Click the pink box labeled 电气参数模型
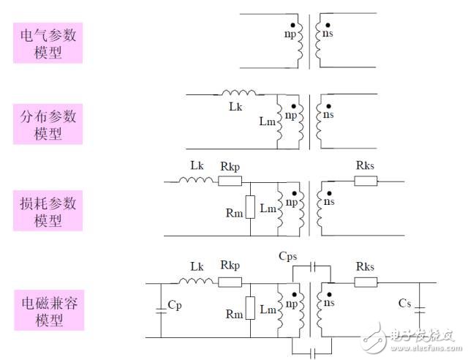click(48, 43)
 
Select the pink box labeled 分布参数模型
click(48, 124)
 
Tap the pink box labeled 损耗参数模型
click(48, 211)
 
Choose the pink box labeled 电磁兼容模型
click(49, 310)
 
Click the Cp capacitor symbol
click(161, 310)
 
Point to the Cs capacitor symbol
click(420, 310)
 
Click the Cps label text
click(287, 256)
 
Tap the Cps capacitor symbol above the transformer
click(312, 266)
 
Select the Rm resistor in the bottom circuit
click(250, 308)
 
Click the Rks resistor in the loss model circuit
click(366, 181)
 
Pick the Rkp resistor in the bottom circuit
click(230, 282)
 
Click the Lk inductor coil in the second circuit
click(239, 92)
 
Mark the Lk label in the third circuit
click(197, 165)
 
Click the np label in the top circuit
click(290, 34)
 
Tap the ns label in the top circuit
click(328, 34)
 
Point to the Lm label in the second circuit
click(267, 121)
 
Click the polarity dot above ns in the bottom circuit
click(329, 295)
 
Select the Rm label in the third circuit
click(234, 213)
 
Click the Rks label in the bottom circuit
click(365, 266)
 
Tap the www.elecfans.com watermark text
click(426, 348)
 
